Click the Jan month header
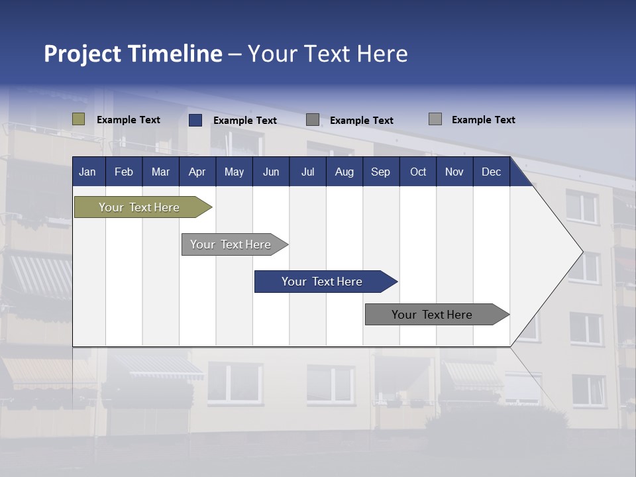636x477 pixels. (x=87, y=172)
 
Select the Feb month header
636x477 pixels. (x=124, y=172)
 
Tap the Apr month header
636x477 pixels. (x=197, y=172)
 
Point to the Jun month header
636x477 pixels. (x=271, y=172)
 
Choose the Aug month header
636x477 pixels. (x=344, y=172)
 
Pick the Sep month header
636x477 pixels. (x=380, y=172)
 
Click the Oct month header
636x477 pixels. (x=418, y=172)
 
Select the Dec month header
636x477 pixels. (x=491, y=172)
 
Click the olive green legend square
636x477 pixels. (x=79, y=119)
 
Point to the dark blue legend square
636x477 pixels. (x=195, y=120)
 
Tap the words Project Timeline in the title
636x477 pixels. (x=133, y=54)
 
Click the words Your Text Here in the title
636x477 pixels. (x=328, y=54)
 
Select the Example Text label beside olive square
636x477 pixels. (x=129, y=120)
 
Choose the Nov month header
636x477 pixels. (x=454, y=172)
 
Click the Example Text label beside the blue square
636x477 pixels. (x=245, y=121)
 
